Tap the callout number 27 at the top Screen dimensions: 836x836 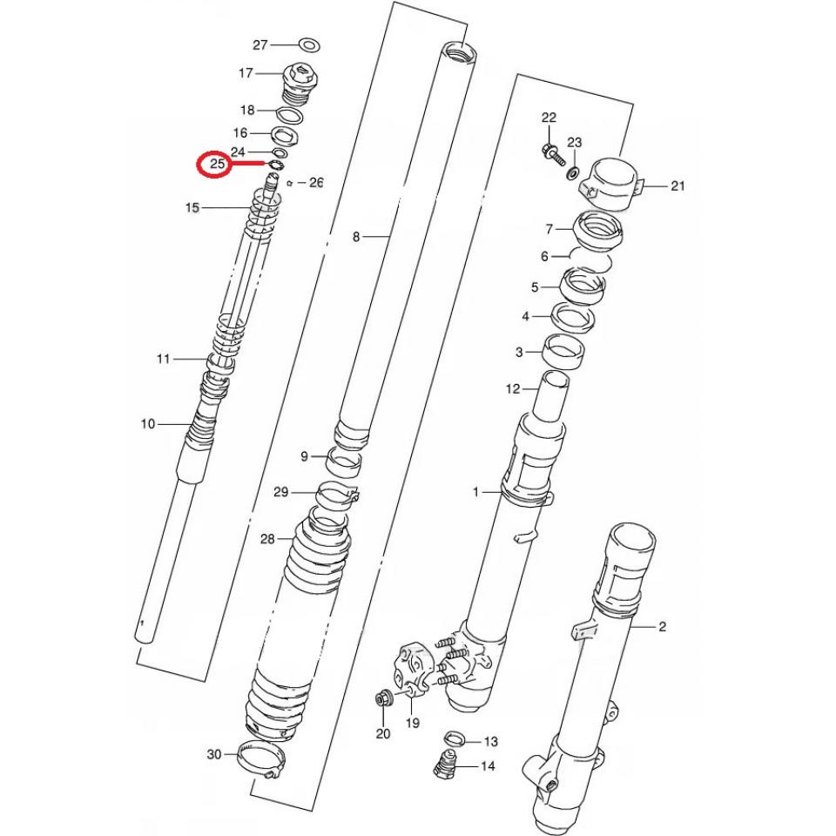[260, 44]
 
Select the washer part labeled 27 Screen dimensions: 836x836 [307, 44]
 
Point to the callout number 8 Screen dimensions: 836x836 [355, 237]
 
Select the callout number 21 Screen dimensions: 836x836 [679, 185]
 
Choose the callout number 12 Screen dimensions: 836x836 [513, 388]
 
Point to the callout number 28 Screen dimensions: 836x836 [266, 539]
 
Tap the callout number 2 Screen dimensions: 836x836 [662, 626]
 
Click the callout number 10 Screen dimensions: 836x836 [147, 424]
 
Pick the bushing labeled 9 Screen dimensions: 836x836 [346, 459]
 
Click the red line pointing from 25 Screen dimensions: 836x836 [249, 163]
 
